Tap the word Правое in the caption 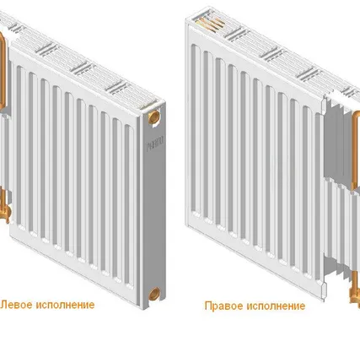pyautogui.click(x=223, y=306)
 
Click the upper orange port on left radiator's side pyautogui.click(x=154, y=117)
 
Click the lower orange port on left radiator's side pyautogui.click(x=154, y=294)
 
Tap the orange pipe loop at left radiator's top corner pyautogui.click(x=3, y=70)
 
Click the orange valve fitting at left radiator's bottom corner pyautogui.click(x=5, y=209)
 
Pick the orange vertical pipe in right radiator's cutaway pyautogui.click(x=355, y=149)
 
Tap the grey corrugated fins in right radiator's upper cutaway pyautogui.click(x=338, y=141)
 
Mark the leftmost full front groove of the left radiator pyautogui.click(x=21, y=146)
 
